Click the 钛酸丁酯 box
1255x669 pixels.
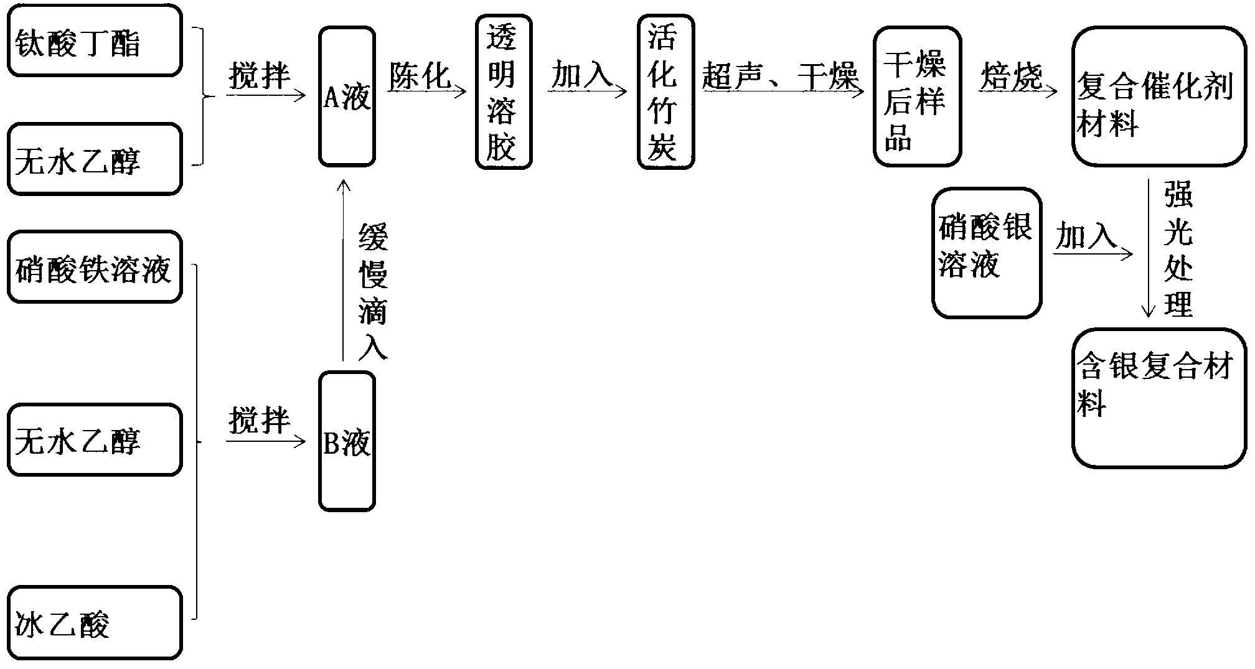click(95, 40)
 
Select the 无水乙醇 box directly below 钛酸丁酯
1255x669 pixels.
click(95, 159)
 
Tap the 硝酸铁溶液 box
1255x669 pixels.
click(95, 267)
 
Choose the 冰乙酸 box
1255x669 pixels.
click(95, 622)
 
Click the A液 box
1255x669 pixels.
click(347, 96)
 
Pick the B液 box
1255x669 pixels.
click(347, 441)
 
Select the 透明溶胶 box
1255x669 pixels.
click(503, 92)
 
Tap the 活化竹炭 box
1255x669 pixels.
click(665, 92)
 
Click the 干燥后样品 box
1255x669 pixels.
click(916, 96)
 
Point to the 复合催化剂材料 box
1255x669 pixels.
click(1159, 96)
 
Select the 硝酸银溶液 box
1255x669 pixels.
click(986, 253)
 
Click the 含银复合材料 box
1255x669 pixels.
click(1159, 398)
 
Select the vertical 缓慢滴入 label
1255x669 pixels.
click(373, 291)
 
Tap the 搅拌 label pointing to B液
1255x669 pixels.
click(260, 421)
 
